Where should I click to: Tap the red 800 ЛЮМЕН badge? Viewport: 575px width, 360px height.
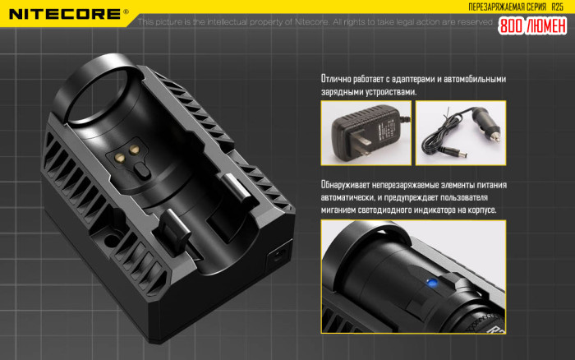[x=532, y=25]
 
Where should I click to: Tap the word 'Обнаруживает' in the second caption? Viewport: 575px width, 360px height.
[x=351, y=186]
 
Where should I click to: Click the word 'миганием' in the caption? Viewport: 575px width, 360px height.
[x=341, y=210]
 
